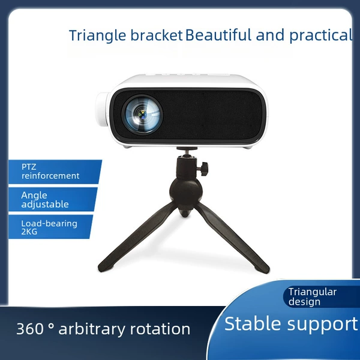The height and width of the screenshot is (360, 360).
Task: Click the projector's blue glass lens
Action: (143, 114)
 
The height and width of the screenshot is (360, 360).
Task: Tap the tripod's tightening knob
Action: (204, 169)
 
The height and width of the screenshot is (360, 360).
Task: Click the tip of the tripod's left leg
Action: (101, 268)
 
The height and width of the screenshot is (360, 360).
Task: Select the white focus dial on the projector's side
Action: (103, 109)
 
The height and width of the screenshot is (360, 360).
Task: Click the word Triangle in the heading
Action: (98, 35)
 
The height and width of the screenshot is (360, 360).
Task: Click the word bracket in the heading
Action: (157, 35)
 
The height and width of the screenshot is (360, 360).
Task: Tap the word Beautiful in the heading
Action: (218, 35)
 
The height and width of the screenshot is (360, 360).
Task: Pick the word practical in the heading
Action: (320, 35)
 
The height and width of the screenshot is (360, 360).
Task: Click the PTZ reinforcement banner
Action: (55, 172)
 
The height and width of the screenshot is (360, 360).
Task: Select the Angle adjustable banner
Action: (52, 199)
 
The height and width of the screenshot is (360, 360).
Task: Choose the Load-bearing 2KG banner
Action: (50, 227)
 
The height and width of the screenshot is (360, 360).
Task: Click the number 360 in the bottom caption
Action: (30, 329)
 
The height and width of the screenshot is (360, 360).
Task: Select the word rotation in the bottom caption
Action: (160, 329)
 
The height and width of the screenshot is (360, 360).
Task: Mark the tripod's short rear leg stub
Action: (184, 212)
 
